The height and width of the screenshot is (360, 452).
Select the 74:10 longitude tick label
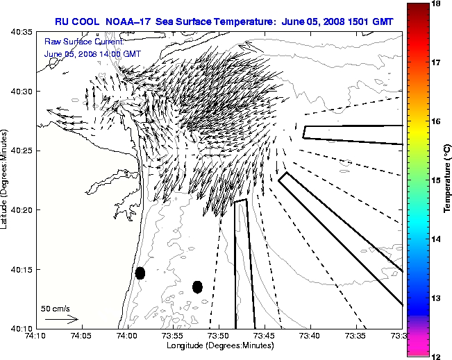click(x=35, y=336)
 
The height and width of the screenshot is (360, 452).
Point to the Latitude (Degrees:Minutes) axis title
click(x=6, y=180)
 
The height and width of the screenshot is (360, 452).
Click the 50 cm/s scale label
click(x=55, y=308)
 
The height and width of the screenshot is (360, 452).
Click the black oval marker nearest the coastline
click(x=140, y=273)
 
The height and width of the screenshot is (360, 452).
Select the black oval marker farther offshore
click(x=197, y=286)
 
